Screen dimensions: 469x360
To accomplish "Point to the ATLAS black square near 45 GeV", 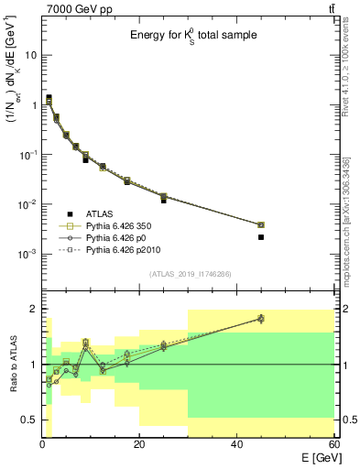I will tap(261, 237).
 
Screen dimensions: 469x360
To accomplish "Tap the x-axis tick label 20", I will tap(139, 444).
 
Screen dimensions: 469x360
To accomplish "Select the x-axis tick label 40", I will tap(236, 444).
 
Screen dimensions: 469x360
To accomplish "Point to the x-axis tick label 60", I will tap(333, 444).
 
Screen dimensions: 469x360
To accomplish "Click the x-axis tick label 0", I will tap(42, 444).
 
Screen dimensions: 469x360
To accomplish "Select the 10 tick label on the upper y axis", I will tap(30, 55).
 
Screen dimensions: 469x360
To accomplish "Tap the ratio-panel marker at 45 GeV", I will tap(261, 319).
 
